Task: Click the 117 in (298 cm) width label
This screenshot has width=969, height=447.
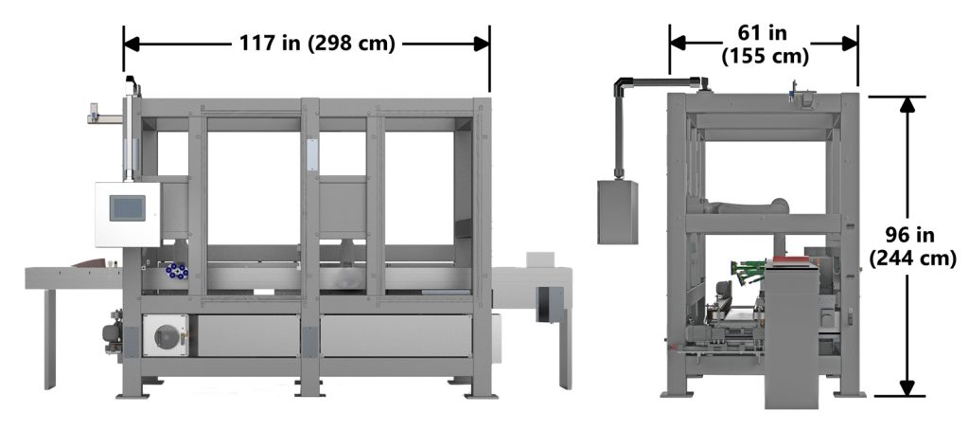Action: coord(306,44)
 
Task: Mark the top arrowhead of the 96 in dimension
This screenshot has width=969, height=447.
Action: coord(907,105)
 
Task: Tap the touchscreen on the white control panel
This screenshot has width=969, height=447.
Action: coord(127,206)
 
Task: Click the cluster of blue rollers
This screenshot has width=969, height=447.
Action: coord(175,272)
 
